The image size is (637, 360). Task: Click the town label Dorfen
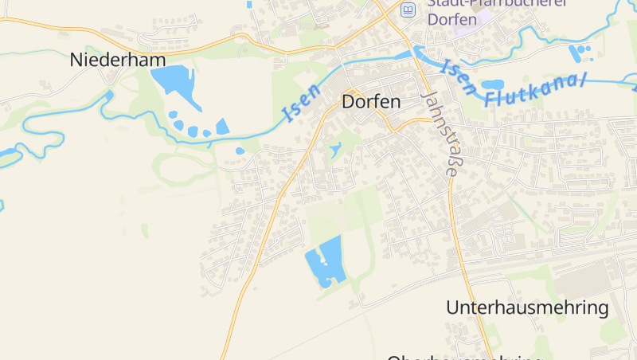370,102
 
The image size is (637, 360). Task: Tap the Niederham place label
118,60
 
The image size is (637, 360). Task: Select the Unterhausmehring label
527,307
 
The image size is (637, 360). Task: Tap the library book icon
408,10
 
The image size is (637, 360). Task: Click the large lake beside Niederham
172,80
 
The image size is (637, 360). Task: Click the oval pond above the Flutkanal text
492,84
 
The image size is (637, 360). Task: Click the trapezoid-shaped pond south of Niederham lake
222,127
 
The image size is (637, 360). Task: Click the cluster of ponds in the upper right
580,53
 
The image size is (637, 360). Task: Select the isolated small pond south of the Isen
240,151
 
